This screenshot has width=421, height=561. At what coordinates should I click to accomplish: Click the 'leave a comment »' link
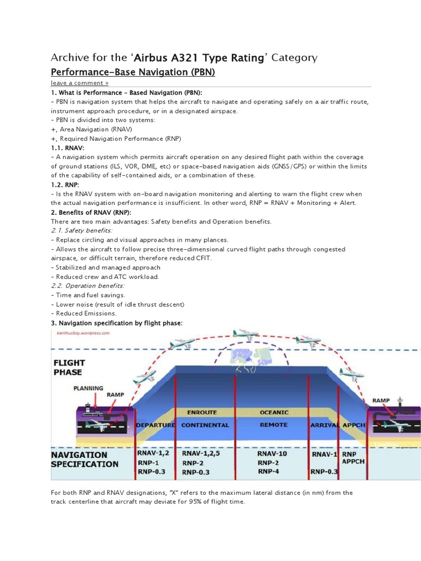(x=79, y=83)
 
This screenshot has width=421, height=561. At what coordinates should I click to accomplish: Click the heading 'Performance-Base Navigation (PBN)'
(x=133, y=72)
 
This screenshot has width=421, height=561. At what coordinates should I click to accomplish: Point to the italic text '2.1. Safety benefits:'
(x=81, y=231)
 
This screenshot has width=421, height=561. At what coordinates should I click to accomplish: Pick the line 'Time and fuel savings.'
(x=89, y=295)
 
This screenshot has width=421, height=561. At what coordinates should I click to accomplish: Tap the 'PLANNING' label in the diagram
(x=88, y=388)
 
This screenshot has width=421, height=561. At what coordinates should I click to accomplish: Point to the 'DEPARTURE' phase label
(x=155, y=425)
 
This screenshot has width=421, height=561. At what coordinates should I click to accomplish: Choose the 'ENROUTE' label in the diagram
(x=202, y=411)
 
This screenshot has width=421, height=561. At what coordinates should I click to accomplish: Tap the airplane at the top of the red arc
(x=246, y=334)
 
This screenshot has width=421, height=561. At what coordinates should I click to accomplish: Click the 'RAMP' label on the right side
(x=382, y=400)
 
